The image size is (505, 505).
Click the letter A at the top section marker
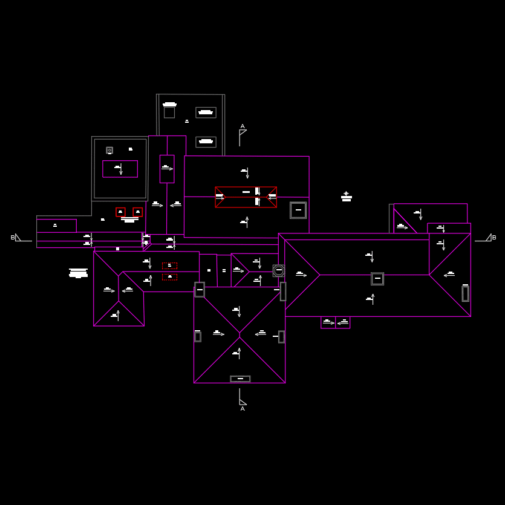pyautogui.click(x=243, y=127)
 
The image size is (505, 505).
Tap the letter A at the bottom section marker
pyautogui.click(x=243, y=409)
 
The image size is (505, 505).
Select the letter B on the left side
pyautogui.click(x=13, y=238)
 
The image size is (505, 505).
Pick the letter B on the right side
pyautogui.click(x=494, y=238)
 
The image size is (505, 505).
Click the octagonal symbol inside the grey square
pyautogui.click(x=279, y=270)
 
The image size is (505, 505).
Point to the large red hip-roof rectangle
pyautogui.click(x=246, y=197)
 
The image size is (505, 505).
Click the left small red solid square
pyautogui.click(x=120, y=212)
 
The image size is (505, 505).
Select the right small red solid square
pyautogui.click(x=138, y=212)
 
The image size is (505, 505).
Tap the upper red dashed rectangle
pyautogui.click(x=169, y=266)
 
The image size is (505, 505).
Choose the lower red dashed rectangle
pyautogui.click(x=169, y=277)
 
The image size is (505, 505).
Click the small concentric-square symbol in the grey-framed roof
pyautogui.click(x=109, y=150)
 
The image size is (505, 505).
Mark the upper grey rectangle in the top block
pyautogui.click(x=206, y=112)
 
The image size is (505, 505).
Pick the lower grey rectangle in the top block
pyautogui.click(x=206, y=142)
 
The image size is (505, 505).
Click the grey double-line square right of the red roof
pyautogui.click(x=298, y=210)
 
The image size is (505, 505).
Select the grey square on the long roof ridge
pyautogui.click(x=377, y=279)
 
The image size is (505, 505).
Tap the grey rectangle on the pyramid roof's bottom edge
pyautogui.click(x=240, y=379)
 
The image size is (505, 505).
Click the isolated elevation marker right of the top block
pyautogui.click(x=346, y=197)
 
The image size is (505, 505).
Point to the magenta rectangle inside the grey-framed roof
pyautogui.click(x=120, y=169)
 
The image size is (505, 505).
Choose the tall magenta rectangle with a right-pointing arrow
pyautogui.click(x=167, y=169)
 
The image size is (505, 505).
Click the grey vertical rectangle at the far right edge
pyautogui.click(x=465, y=294)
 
